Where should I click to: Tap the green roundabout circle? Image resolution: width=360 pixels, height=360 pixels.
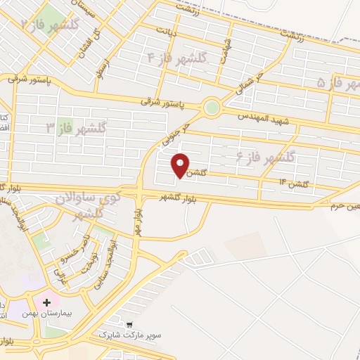coord(210,108)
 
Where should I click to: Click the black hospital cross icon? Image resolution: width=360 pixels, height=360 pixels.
coord(47,303)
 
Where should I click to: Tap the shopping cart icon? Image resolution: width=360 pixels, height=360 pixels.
coord(130,324)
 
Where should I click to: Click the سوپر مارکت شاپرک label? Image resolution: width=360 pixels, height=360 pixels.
coord(139,335)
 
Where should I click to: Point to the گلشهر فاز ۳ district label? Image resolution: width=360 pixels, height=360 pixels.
coord(76,128)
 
